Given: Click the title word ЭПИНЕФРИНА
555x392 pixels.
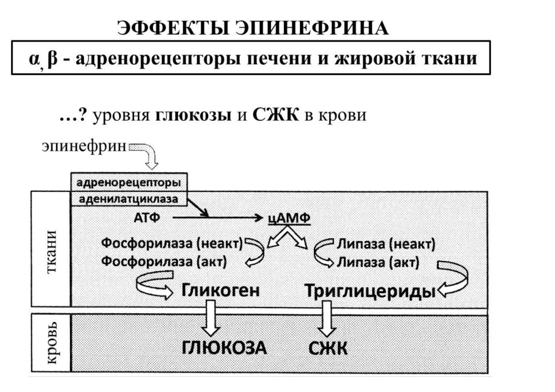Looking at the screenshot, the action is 312,28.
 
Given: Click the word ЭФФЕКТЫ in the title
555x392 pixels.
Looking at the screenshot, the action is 173,28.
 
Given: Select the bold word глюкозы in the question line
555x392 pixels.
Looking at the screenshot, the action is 193,116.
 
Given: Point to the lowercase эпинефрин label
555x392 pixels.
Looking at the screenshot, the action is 84,146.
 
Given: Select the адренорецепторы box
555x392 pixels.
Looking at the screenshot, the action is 129,183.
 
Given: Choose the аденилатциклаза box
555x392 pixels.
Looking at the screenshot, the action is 129,199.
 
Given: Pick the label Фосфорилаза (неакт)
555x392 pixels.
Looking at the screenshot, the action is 172,244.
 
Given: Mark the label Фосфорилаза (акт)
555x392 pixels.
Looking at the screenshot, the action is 164,262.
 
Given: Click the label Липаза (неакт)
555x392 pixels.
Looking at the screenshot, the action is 386,245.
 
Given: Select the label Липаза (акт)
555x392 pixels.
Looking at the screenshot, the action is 378,262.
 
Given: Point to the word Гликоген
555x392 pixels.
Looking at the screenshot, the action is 221,290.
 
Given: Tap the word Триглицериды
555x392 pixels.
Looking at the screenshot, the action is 370,291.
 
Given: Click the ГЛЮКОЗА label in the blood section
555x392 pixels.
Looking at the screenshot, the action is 224,347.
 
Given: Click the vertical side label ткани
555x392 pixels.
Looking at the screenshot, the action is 51,252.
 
